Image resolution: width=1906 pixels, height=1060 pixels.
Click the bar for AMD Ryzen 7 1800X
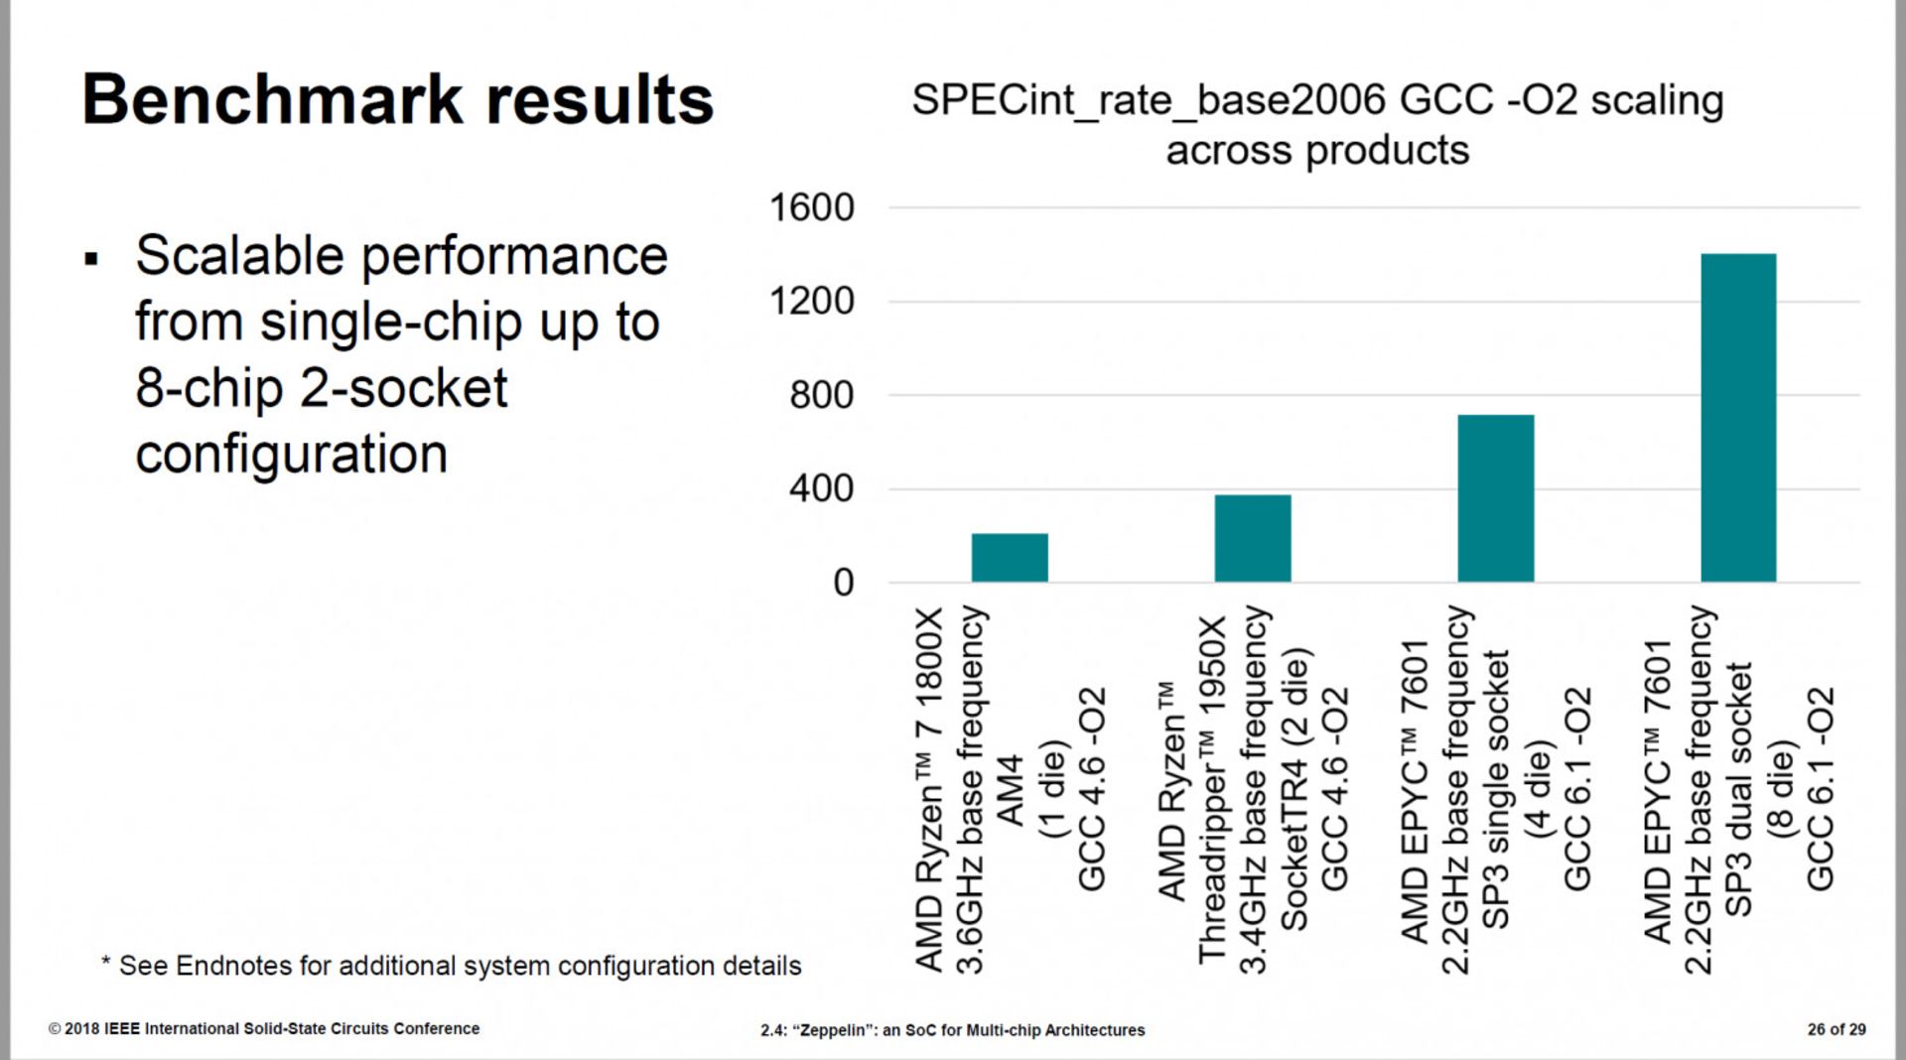[x=1010, y=558]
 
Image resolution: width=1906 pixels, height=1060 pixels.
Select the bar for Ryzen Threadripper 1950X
[x=1253, y=538]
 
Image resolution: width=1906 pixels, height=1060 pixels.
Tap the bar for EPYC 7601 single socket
[x=1495, y=498]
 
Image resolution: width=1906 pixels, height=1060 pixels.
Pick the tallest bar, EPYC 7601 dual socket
[x=1738, y=418]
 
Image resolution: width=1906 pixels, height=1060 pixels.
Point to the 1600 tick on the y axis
[x=811, y=208]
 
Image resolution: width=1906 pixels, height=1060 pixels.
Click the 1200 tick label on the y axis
[x=811, y=302]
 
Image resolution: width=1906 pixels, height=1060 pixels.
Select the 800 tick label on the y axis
[x=821, y=395]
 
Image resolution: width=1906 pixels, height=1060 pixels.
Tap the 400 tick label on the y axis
[x=821, y=488]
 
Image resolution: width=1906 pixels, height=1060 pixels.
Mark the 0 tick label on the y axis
[x=843, y=583]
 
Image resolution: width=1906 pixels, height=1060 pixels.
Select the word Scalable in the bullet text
[x=239, y=256]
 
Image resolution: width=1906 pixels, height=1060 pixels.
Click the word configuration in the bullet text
[x=291, y=455]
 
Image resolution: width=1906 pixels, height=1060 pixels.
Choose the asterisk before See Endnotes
[x=105, y=962]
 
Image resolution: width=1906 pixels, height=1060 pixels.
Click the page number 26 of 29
[x=1836, y=1029]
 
